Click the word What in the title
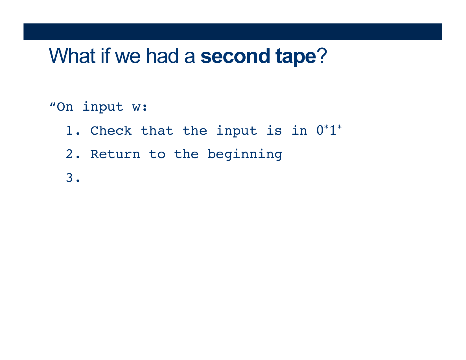(72, 56)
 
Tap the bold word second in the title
(235, 56)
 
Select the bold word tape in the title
(296, 56)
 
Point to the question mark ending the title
(322, 55)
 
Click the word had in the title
(162, 56)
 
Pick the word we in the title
(128, 58)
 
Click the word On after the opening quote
(65, 107)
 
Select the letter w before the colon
(136, 107)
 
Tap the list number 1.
(73, 130)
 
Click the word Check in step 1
(111, 130)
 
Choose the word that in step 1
(157, 130)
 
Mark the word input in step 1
(237, 131)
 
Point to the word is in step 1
(274, 130)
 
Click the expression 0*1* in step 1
(329, 130)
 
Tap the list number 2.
(73, 154)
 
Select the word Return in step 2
(115, 154)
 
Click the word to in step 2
(157, 154)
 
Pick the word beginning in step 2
(245, 155)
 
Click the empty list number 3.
(73, 178)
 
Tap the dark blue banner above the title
(233, 32)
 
